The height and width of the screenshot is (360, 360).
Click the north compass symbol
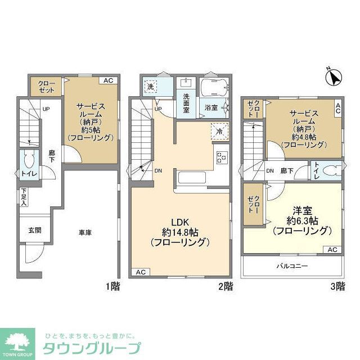[332, 76]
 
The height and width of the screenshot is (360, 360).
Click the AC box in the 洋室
[332, 250]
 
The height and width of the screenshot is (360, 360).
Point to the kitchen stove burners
[221, 157]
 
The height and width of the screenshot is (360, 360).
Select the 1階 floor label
[112, 286]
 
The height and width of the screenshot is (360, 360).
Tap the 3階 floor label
[337, 286]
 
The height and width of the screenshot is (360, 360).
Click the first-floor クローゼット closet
[47, 87]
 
